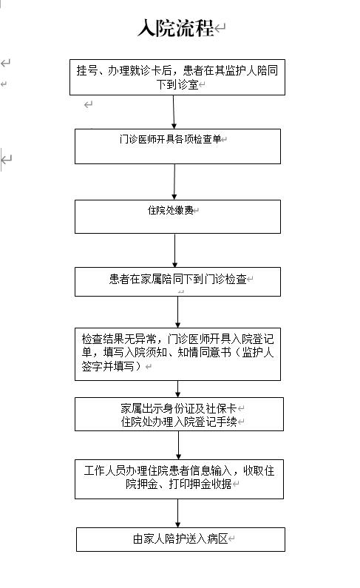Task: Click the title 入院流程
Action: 175,28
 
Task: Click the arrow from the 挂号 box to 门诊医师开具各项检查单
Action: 174,112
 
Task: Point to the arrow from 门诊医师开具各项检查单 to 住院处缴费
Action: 174,182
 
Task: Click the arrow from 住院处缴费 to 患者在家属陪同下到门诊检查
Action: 174,250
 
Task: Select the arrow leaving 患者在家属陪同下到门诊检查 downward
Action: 177,312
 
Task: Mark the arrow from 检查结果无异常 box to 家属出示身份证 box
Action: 177,389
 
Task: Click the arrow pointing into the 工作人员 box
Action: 178,445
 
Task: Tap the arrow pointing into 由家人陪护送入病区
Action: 177,513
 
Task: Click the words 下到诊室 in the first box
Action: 177,84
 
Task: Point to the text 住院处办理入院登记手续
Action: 179,422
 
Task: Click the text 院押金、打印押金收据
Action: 179,484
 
